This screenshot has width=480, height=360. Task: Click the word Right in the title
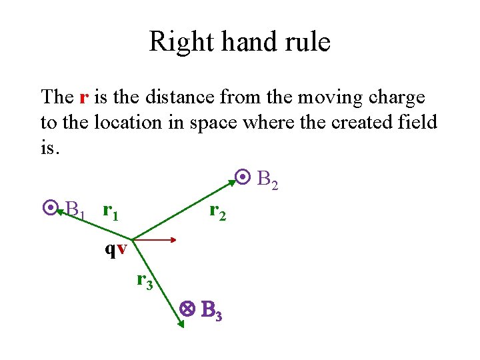click(175, 42)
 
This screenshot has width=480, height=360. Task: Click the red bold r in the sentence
click(83, 97)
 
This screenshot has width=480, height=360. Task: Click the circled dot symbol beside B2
click(243, 178)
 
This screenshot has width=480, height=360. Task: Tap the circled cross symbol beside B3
click(187, 309)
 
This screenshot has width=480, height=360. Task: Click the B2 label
click(267, 180)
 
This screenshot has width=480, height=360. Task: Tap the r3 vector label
click(145, 281)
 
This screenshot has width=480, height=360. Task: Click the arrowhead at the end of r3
click(181, 325)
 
